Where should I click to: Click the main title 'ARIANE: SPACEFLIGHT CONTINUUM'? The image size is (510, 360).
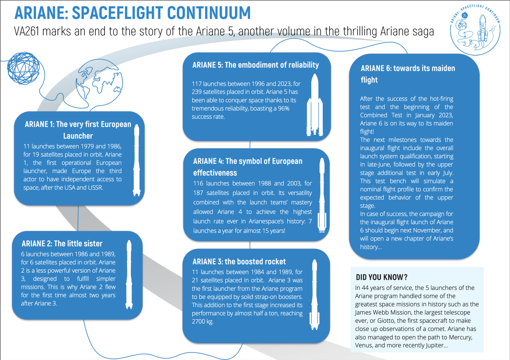click(x=132, y=13)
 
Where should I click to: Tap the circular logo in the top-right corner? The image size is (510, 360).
click(x=475, y=30)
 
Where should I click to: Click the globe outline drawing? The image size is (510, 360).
click(x=99, y=84)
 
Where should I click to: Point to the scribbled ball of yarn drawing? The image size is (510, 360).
click(x=24, y=68)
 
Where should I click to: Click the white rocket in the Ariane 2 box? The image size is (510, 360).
click(x=129, y=274)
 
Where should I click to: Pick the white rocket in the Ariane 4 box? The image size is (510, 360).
click(x=322, y=195)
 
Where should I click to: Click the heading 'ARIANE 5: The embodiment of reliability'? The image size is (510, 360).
click(x=255, y=65)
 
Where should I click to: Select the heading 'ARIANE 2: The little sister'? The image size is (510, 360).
click(x=62, y=244)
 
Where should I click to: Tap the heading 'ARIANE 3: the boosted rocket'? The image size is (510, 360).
click(x=239, y=262)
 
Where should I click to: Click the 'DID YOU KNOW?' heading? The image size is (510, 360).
click(x=381, y=277)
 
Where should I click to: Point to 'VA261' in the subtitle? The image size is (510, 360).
click(x=26, y=32)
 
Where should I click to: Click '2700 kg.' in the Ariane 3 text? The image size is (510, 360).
click(x=203, y=321)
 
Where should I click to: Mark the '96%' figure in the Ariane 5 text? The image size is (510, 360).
click(x=283, y=108)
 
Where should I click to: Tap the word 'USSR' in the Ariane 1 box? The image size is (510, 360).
click(x=95, y=188)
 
